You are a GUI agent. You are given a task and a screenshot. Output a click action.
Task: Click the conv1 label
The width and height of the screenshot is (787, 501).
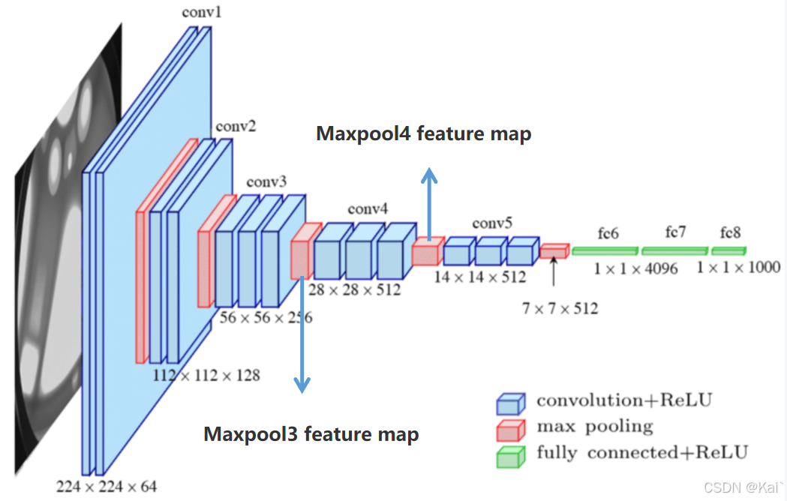(x=197, y=13)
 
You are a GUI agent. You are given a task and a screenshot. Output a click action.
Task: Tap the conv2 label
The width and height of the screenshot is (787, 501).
(x=236, y=125)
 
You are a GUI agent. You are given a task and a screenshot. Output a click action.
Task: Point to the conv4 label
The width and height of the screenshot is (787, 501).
(x=368, y=208)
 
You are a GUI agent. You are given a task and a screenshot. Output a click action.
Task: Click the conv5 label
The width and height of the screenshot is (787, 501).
(x=492, y=223)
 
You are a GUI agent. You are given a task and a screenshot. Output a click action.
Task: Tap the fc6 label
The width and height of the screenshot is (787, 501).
(x=608, y=233)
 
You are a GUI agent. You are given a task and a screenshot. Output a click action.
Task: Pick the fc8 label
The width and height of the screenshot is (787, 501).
(x=731, y=232)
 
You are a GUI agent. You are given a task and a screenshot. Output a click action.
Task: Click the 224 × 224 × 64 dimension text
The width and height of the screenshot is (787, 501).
(x=107, y=487)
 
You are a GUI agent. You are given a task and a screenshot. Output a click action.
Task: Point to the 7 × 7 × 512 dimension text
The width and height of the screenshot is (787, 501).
(x=560, y=307)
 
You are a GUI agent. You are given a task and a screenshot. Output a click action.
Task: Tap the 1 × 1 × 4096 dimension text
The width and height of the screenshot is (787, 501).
(x=635, y=268)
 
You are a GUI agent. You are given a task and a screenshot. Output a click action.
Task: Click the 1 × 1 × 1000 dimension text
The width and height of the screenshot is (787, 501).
(x=738, y=267)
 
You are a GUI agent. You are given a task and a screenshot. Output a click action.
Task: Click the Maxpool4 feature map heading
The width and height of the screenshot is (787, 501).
(x=424, y=134)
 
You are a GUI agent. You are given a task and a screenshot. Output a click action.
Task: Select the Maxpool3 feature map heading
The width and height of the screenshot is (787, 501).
(x=311, y=433)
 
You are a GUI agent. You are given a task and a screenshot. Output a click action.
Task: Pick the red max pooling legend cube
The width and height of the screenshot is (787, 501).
(x=508, y=430)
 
